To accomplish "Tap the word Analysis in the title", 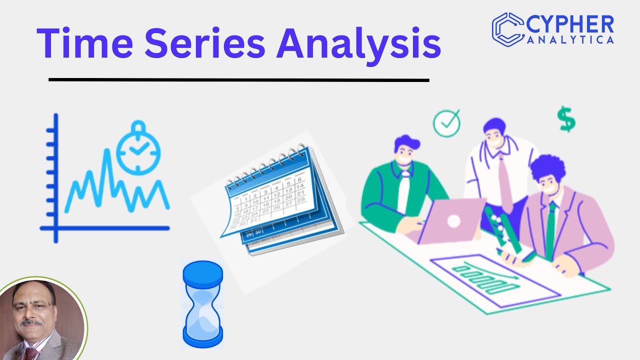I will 360,43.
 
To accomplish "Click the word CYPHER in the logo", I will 570,24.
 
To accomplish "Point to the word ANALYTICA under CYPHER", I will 570,40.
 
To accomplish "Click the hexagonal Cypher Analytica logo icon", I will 507,27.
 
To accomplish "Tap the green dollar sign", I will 566,119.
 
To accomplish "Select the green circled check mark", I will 446,123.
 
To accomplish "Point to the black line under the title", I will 239,79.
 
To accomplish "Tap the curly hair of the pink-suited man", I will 547,167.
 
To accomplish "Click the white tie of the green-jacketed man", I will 403,192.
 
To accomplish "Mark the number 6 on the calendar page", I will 299,179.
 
